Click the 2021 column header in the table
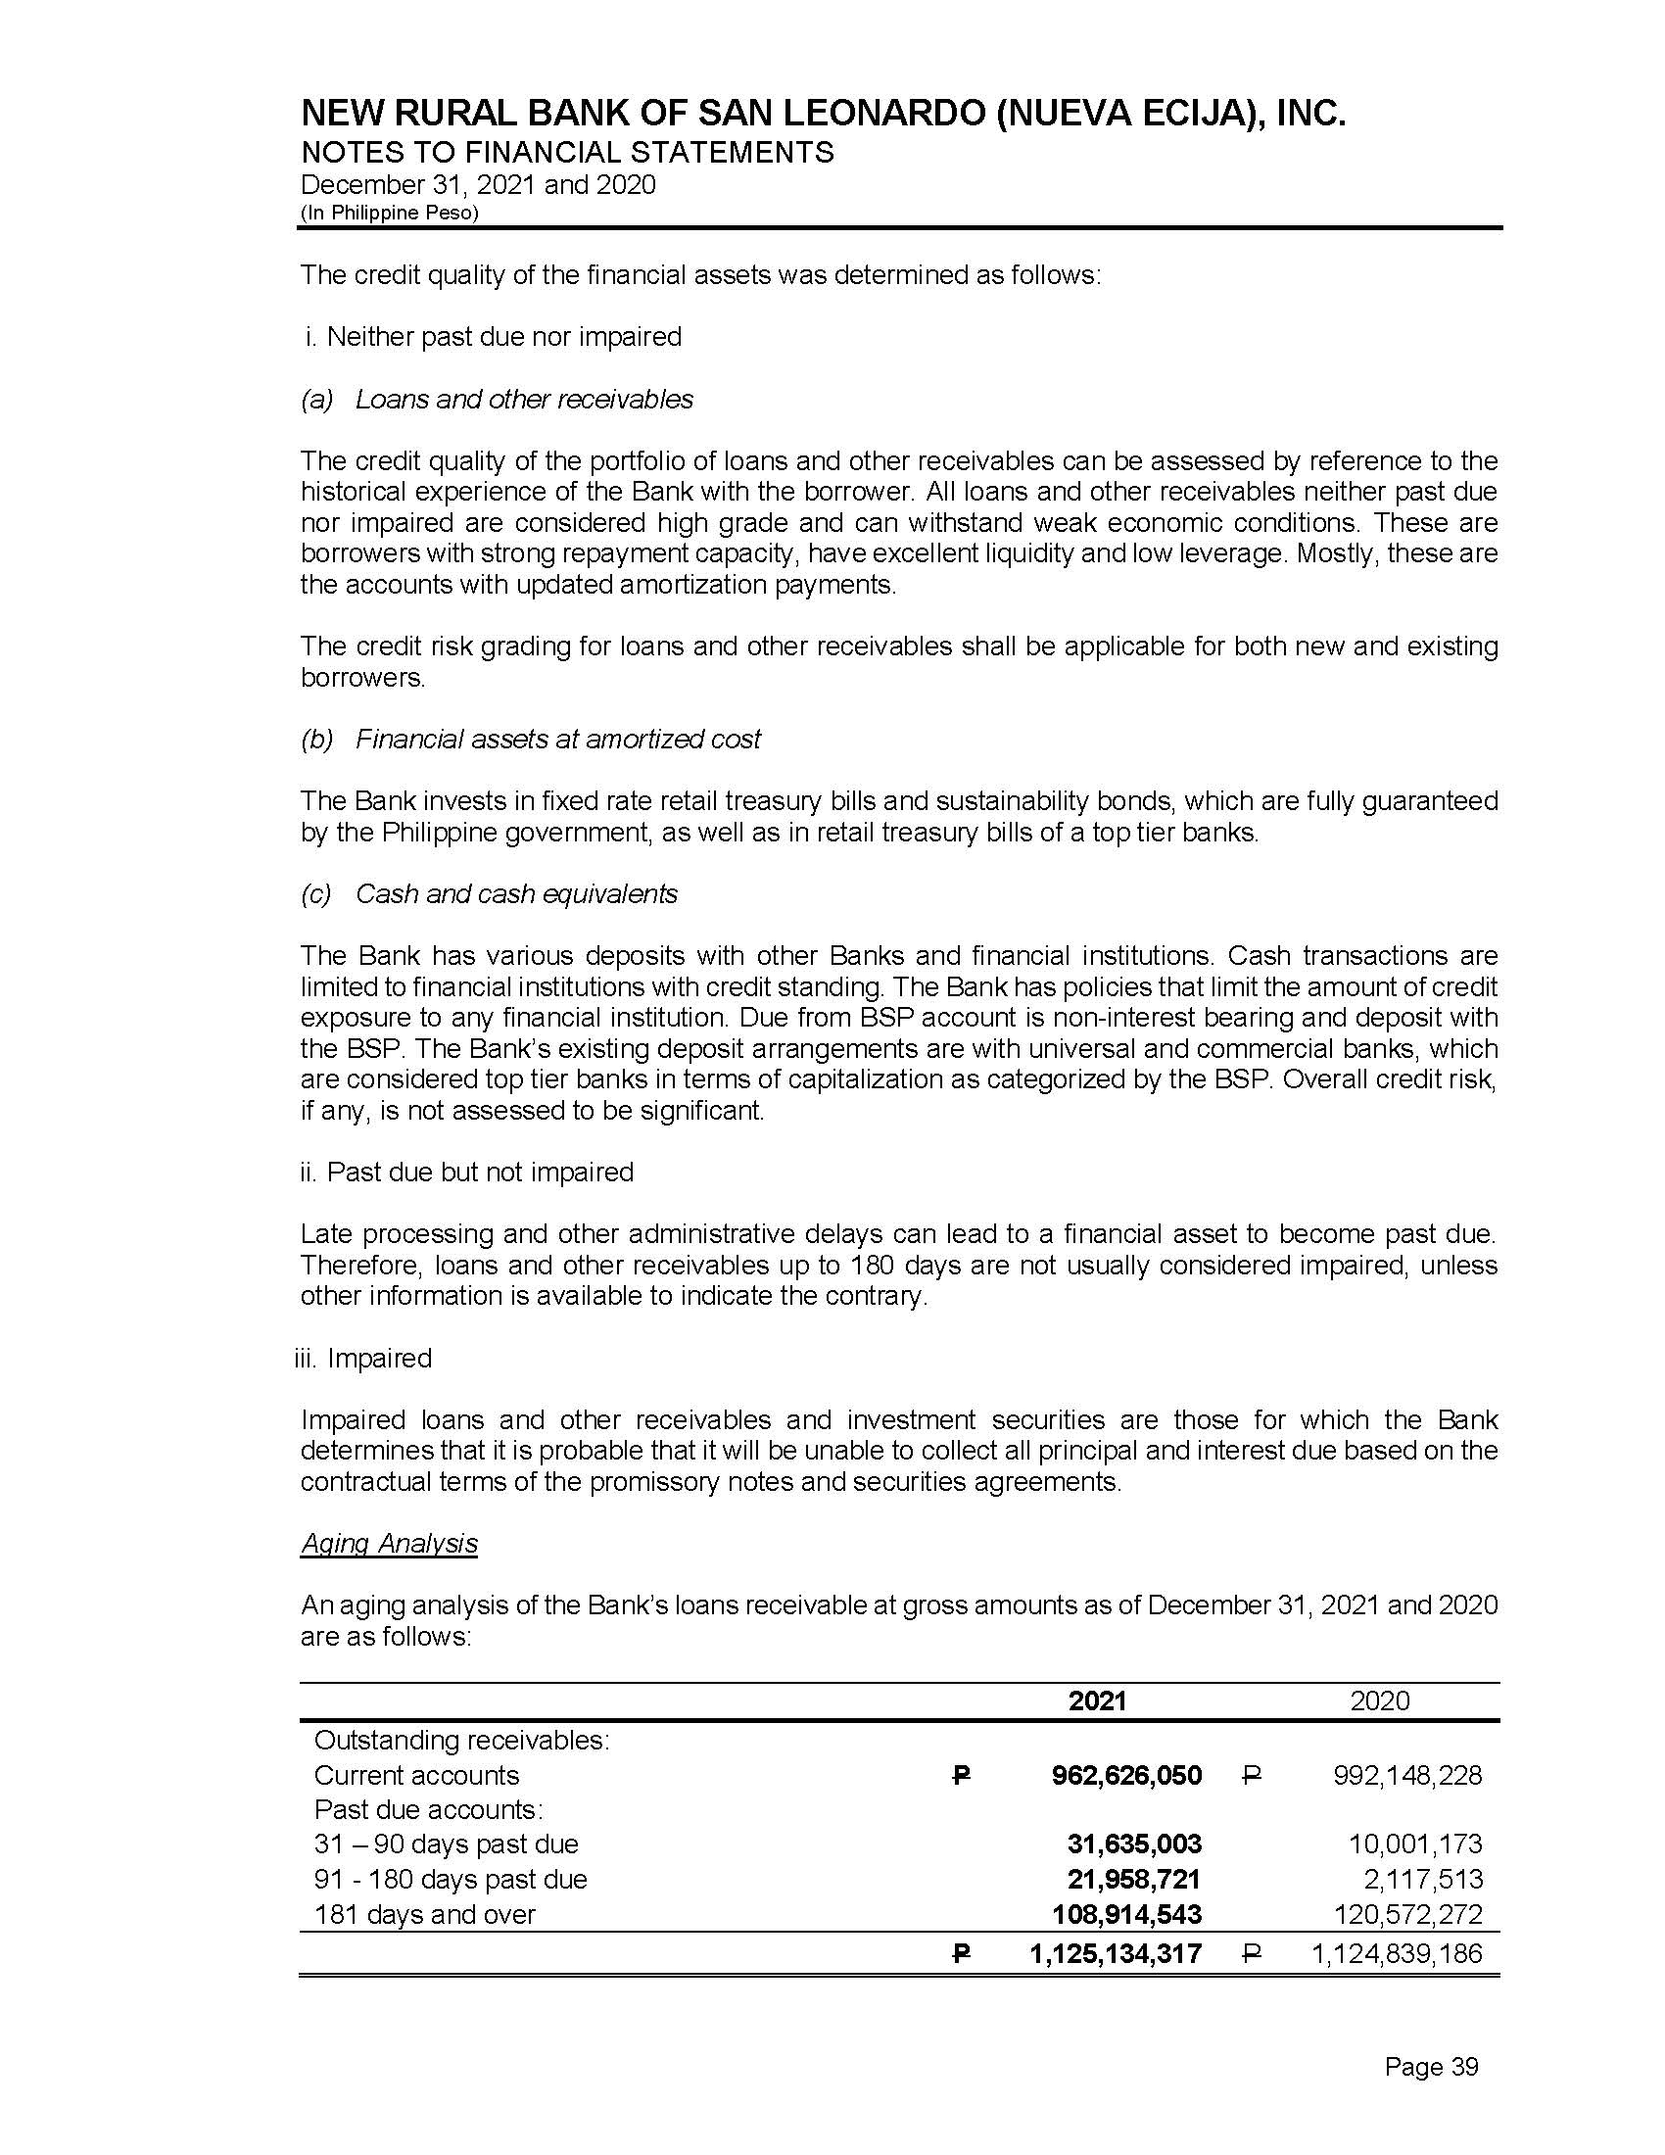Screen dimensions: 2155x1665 coord(1097,1700)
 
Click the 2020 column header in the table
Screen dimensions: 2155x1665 coord(1379,1700)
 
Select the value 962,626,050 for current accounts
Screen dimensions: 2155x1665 coord(1126,1775)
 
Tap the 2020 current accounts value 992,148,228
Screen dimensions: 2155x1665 coord(1406,1775)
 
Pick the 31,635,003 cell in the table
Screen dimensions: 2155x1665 coord(1134,1844)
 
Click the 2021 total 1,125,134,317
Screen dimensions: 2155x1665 coord(1116,1952)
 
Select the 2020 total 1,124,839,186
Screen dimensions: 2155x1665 coord(1396,1952)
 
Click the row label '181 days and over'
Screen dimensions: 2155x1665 coord(424,1914)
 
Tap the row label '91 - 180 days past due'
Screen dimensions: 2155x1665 coord(450,1879)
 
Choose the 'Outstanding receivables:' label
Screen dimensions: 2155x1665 coord(461,1740)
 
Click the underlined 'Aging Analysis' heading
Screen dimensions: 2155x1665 coord(389,1543)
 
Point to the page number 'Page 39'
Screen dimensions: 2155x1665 coord(1431,2067)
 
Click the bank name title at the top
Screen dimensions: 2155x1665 coord(824,116)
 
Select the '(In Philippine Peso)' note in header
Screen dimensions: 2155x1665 coord(390,214)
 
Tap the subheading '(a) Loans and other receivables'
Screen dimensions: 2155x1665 coord(498,399)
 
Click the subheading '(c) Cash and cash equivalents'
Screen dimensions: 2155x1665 coord(490,894)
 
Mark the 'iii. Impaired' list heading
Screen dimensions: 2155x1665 coord(364,1358)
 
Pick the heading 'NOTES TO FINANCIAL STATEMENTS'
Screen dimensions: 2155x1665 coord(567,153)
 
